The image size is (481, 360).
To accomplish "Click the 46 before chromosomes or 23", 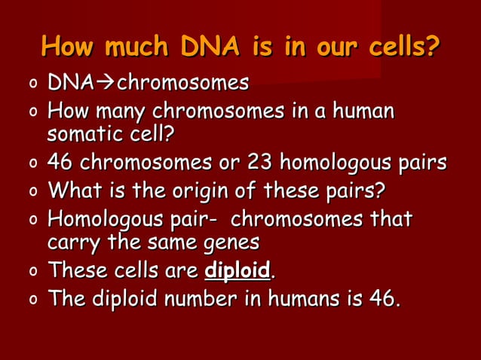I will tap(61, 163).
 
